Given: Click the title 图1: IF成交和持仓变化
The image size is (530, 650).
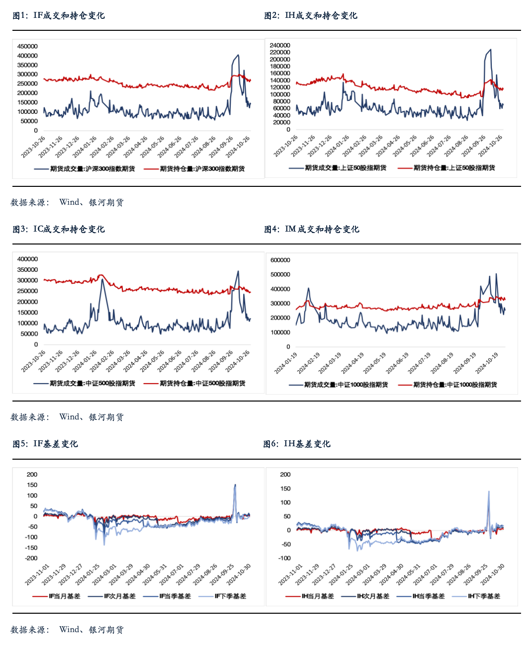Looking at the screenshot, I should click(x=59, y=16).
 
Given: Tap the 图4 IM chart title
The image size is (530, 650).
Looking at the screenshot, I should click(x=311, y=229).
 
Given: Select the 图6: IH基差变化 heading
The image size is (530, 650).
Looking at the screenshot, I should click(x=297, y=444).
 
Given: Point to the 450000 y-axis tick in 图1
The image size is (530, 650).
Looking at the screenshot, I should click(x=27, y=46).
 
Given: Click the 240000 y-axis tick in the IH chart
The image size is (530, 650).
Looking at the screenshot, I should click(x=280, y=45).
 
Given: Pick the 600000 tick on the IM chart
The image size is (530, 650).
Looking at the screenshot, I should click(x=280, y=260).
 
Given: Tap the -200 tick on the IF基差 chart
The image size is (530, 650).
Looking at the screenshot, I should click(x=31, y=558).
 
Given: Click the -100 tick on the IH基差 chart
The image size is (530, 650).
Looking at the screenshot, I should click(x=284, y=558).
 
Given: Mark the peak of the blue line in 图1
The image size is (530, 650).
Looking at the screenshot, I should click(x=238, y=55).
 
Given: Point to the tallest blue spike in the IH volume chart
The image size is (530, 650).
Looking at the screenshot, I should click(x=491, y=49).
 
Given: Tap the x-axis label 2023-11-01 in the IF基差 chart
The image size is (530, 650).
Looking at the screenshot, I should click(x=37, y=575).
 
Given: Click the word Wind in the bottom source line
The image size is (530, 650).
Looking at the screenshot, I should click(x=69, y=630).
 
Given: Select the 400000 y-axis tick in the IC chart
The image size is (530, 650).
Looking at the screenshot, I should click(x=27, y=259).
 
